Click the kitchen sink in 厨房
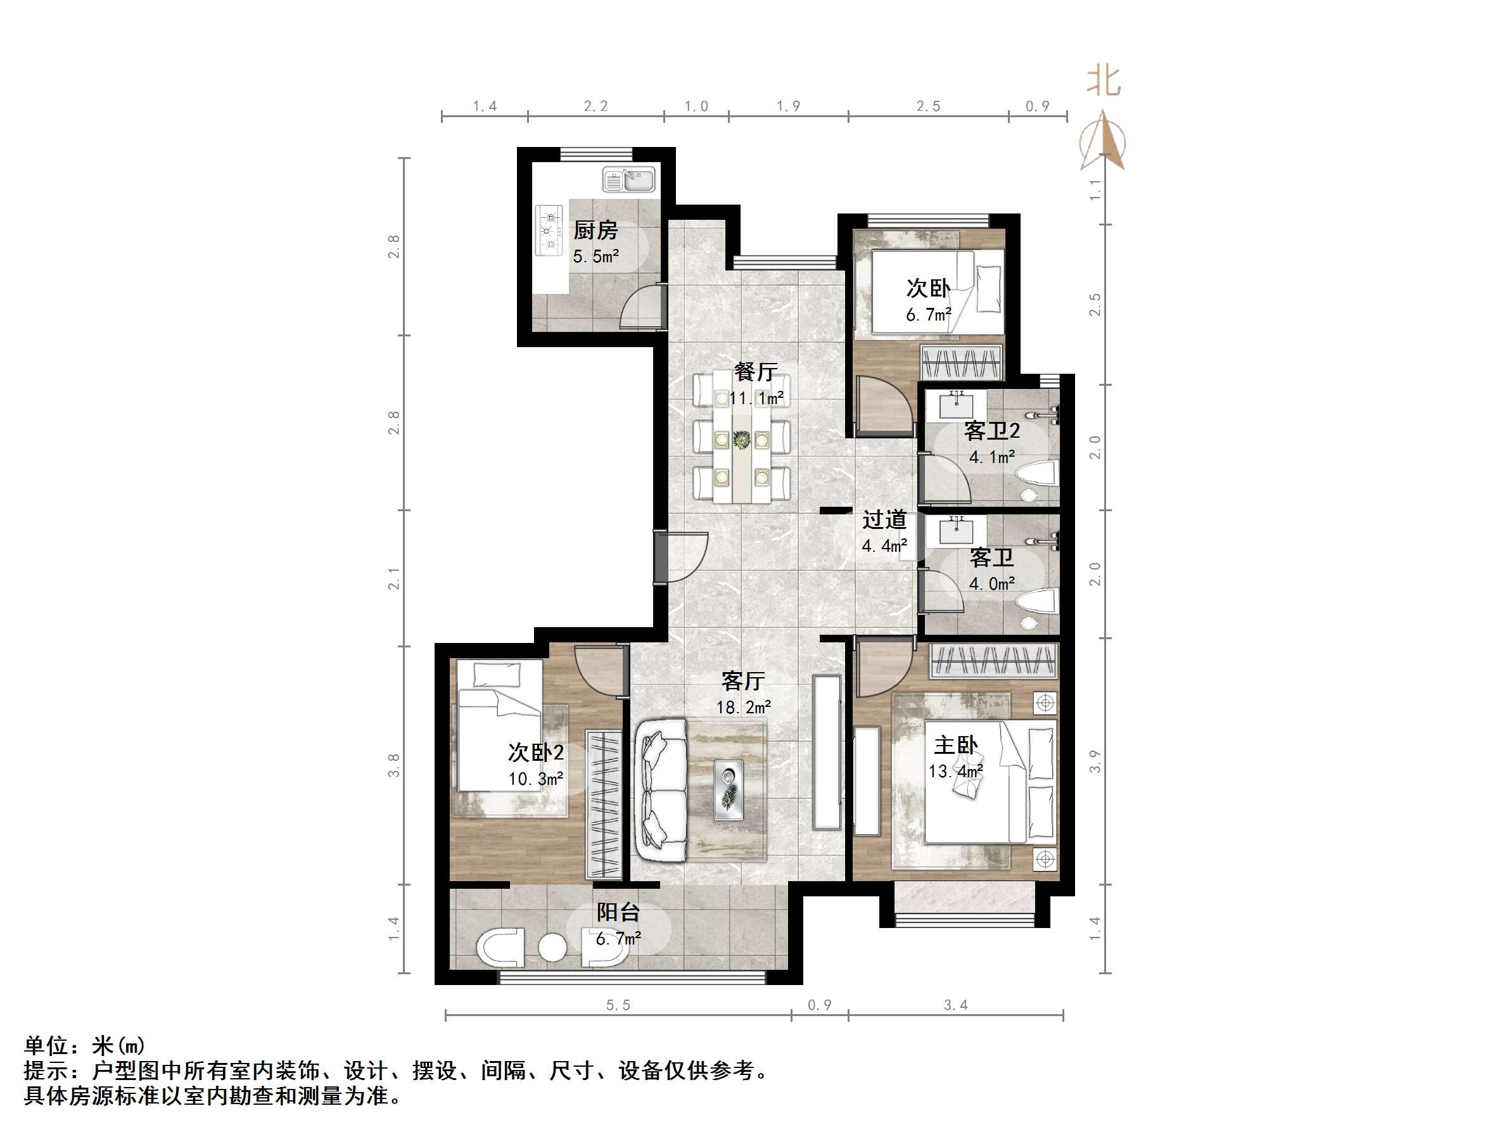pyautogui.click(x=629, y=180)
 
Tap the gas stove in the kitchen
pyautogui.click(x=549, y=230)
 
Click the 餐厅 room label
pyautogui.click(x=755, y=372)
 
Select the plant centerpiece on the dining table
pyautogui.click(x=742, y=440)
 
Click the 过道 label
pyautogui.click(x=884, y=520)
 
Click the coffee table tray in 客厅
pyautogui.click(x=729, y=790)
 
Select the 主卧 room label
pyautogui.click(x=955, y=745)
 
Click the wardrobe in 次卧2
pyautogui.click(x=604, y=804)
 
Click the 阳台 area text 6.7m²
pyautogui.click(x=618, y=939)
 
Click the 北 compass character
pyautogui.click(x=1103, y=80)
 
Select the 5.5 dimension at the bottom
pyautogui.click(x=618, y=1005)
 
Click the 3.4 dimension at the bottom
pyautogui.click(x=955, y=1005)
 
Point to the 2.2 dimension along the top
pyautogui.click(x=595, y=106)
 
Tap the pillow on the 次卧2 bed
pyautogui.click(x=497, y=675)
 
